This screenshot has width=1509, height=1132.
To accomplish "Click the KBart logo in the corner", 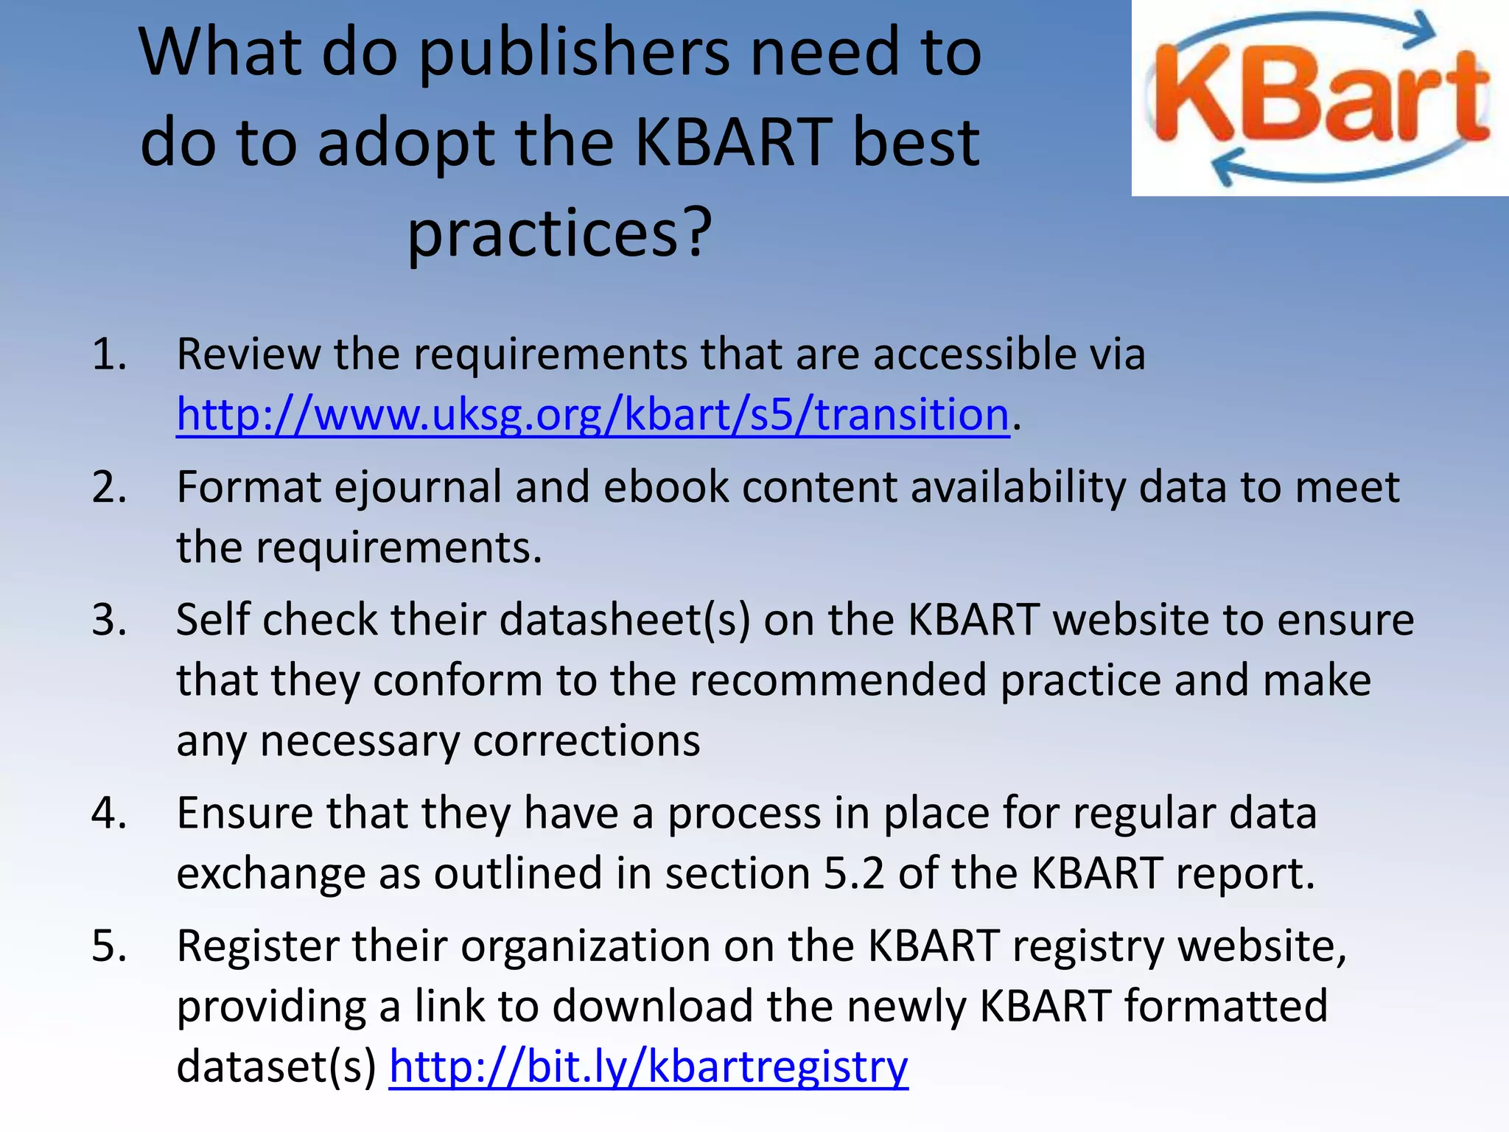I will coord(1320,98).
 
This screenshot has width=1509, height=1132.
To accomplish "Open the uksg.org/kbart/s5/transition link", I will coord(592,414).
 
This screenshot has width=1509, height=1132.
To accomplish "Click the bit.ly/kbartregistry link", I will coord(648,1066).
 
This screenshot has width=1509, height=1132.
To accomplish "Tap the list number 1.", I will coord(109,354).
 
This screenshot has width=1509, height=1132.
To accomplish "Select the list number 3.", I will coord(109,620).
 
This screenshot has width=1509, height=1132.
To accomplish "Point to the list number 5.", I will coord(109,946).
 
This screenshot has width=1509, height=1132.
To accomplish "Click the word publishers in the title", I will coord(575,53).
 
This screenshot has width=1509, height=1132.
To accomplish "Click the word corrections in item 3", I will coord(587,741).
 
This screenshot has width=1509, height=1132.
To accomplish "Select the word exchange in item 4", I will coord(270,873).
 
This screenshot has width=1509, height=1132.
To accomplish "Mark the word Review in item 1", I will coord(248,354).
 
